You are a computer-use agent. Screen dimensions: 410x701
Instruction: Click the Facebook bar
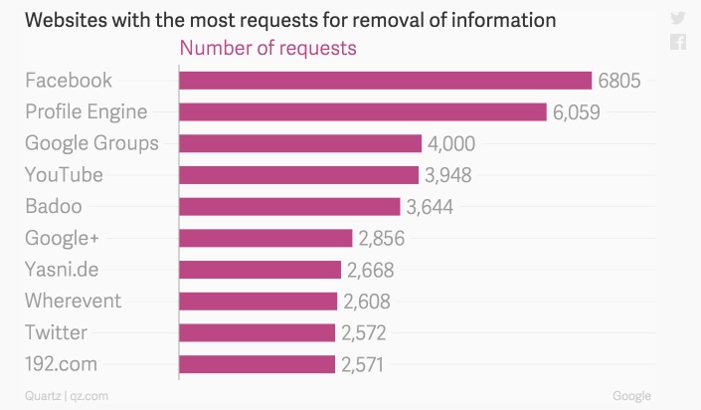coord(385,81)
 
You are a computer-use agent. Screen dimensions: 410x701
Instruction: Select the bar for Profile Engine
coord(363,112)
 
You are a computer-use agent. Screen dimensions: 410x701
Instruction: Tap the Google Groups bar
coord(300,143)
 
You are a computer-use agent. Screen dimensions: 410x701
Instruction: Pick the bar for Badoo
coord(289,206)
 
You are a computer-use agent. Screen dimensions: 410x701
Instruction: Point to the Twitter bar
coord(257,332)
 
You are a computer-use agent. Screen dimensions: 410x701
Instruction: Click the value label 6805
coord(619,81)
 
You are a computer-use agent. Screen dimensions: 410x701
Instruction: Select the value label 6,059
coord(577,112)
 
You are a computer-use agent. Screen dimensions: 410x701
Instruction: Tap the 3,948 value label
coord(447,175)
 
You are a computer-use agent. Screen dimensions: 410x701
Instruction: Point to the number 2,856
coord(381,238)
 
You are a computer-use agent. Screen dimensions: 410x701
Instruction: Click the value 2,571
coord(363,364)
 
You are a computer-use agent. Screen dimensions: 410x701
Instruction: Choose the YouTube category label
coord(64,175)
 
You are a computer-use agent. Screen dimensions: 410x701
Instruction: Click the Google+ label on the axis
coord(63,238)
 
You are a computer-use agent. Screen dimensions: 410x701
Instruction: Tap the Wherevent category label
coord(73,301)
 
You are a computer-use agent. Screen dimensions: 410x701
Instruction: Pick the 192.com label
coord(62,364)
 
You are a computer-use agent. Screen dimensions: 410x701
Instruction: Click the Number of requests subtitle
coord(267,47)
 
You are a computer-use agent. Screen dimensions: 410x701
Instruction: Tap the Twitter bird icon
coord(678,17)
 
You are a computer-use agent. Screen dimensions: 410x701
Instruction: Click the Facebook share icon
coord(678,42)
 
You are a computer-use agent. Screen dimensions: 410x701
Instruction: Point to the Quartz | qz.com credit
coord(67,396)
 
